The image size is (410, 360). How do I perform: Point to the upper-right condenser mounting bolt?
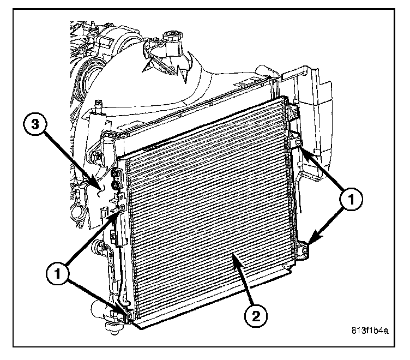tap(299, 143)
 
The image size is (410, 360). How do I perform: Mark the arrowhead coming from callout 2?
tap(234, 256)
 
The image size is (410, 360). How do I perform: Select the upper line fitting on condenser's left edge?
tap(115, 175)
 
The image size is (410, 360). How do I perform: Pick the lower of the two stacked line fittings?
tap(116, 187)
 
